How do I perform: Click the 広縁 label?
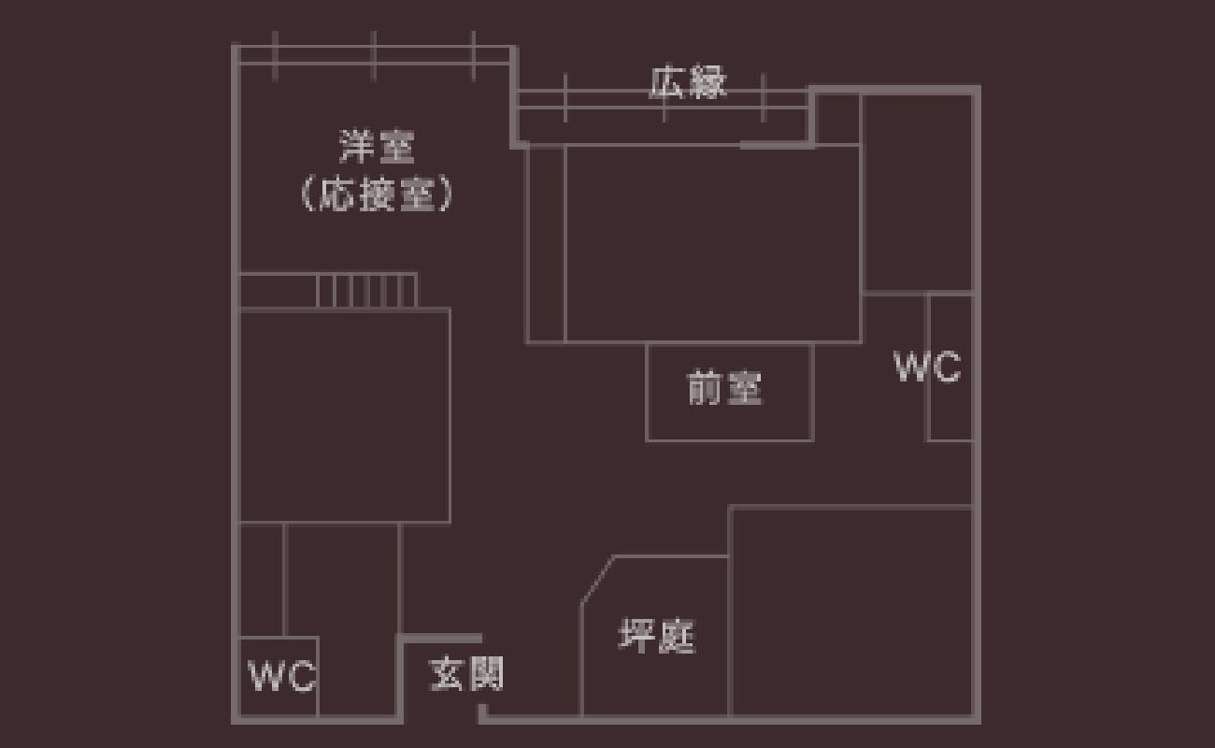(688, 83)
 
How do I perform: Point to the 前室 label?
(724, 388)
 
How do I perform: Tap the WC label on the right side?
(926, 367)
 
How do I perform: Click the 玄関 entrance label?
(466, 672)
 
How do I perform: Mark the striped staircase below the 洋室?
(366, 291)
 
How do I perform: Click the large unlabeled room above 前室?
(712, 243)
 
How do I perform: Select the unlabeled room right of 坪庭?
(850, 612)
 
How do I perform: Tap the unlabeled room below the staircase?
(344, 415)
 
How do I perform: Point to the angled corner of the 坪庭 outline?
(597, 579)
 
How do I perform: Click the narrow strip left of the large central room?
(546, 243)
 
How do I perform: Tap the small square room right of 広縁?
(836, 119)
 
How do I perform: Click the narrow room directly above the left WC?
(262, 579)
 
